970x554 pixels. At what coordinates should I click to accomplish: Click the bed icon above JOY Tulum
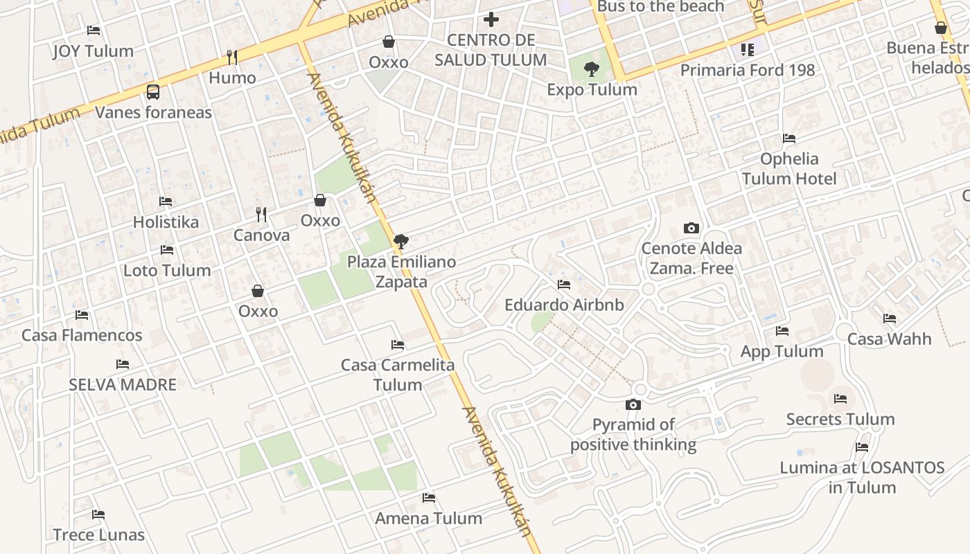pos(94,30)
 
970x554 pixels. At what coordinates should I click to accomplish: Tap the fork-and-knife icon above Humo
pos(232,57)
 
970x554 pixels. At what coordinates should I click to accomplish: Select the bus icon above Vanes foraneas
pos(153,91)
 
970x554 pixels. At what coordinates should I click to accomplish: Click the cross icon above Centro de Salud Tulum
pos(491,19)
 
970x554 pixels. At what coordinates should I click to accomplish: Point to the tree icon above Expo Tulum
pos(592,69)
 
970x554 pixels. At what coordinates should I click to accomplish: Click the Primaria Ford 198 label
pos(747,70)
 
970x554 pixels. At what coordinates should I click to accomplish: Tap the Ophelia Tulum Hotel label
pos(789,169)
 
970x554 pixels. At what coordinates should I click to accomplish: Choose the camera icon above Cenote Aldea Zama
pos(691,228)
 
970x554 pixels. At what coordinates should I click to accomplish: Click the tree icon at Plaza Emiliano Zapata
pos(400,242)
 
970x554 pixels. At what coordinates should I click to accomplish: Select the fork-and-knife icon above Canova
pos(261,215)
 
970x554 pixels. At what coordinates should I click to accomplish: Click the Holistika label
pos(166,222)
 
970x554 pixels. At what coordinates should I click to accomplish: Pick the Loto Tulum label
pos(167,270)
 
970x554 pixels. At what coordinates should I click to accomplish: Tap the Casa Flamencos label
pos(82,335)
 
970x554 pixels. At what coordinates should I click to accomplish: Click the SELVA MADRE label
pos(123,384)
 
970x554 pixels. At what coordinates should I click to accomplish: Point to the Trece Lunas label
pos(99,535)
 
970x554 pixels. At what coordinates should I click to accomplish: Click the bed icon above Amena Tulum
pos(429,497)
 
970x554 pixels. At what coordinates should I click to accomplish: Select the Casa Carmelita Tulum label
pos(398,375)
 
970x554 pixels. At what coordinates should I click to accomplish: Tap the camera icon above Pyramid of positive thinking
pos(633,404)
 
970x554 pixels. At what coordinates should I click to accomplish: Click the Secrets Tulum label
pos(840,419)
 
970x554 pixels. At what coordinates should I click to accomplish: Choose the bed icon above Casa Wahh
pos(890,319)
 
